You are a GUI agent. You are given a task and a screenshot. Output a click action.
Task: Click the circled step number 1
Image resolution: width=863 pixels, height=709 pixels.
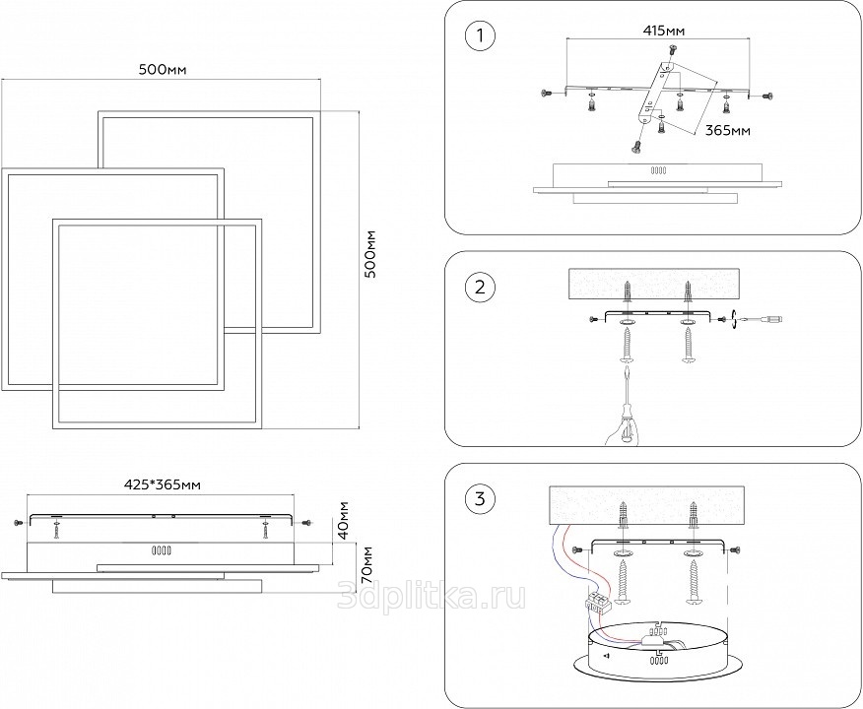(x=479, y=37)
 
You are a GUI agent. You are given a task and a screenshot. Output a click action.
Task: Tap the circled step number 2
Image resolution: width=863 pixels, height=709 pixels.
(x=479, y=288)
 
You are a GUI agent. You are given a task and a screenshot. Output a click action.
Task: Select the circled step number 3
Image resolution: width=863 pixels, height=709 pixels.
(x=479, y=498)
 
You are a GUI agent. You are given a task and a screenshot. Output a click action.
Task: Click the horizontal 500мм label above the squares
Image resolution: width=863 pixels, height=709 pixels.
(x=164, y=69)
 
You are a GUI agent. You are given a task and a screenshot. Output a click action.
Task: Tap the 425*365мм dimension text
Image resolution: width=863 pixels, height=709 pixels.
(x=163, y=484)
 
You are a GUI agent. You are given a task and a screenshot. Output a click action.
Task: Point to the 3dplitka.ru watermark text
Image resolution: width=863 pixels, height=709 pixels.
(x=431, y=595)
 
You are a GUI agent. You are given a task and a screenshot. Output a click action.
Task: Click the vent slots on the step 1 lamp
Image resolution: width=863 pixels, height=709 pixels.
(x=657, y=171)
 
